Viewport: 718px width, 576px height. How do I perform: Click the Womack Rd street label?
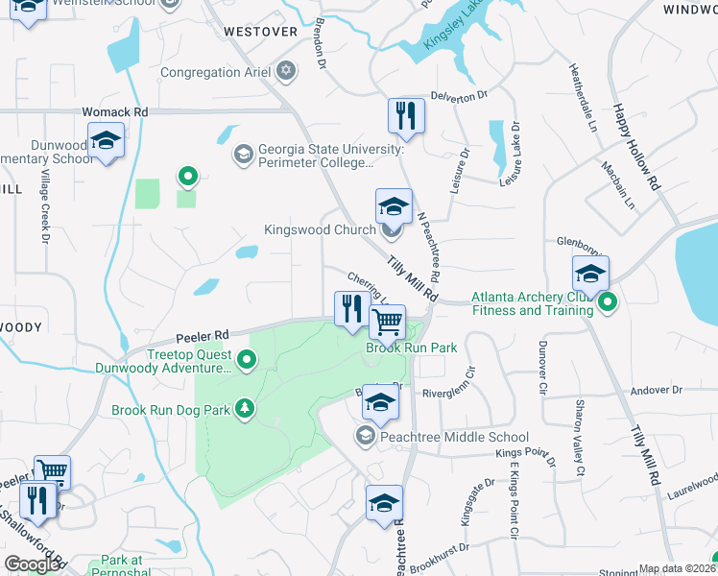point(114,111)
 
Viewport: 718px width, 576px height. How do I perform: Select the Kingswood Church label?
point(320,230)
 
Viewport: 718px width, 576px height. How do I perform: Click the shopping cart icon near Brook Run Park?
point(388,322)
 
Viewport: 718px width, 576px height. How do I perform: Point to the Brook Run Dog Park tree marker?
point(246,409)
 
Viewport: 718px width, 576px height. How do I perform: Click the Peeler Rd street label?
point(201,335)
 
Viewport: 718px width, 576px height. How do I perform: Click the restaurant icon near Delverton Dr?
point(406,116)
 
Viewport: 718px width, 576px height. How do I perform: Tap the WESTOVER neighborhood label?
point(260,32)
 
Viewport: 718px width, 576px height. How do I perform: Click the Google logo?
point(32,564)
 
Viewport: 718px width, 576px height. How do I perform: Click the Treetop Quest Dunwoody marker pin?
point(247,361)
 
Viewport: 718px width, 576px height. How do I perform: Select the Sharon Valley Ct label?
point(579,438)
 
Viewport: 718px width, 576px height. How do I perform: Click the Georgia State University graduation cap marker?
point(243,154)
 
